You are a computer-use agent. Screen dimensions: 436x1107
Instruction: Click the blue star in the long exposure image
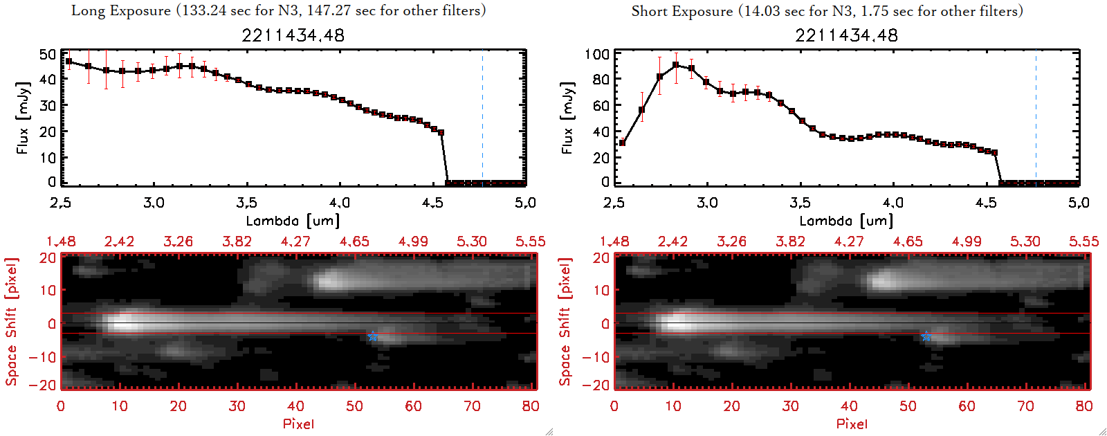coord(372,336)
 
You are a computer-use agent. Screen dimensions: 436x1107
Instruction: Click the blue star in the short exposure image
coord(926,336)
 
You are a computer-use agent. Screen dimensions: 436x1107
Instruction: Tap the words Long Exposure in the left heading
coord(121,10)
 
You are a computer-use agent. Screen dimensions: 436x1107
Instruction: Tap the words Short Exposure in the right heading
coord(681,11)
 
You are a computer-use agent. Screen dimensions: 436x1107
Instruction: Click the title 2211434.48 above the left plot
coord(293,35)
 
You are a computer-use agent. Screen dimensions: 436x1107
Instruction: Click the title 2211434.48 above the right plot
coord(847,35)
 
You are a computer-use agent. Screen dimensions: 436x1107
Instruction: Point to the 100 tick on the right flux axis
coord(597,54)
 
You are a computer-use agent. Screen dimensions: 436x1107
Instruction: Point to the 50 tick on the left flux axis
coord(48,54)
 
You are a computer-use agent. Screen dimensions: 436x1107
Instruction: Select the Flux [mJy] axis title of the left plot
coord(23,118)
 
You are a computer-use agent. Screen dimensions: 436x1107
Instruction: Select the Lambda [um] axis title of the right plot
coord(846,221)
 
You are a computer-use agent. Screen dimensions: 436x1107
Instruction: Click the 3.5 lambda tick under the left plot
coord(247,203)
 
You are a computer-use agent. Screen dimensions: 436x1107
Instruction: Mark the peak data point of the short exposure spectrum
coord(675,65)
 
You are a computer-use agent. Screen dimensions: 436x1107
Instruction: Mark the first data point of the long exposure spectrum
coord(68,62)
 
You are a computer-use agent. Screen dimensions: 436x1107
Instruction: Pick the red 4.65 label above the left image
coord(354,242)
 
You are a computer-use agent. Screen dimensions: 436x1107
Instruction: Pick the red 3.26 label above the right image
coord(731,242)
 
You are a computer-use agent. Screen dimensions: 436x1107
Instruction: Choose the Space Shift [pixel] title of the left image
coord(12,322)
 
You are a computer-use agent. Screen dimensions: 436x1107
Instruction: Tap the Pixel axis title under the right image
coord(852,424)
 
